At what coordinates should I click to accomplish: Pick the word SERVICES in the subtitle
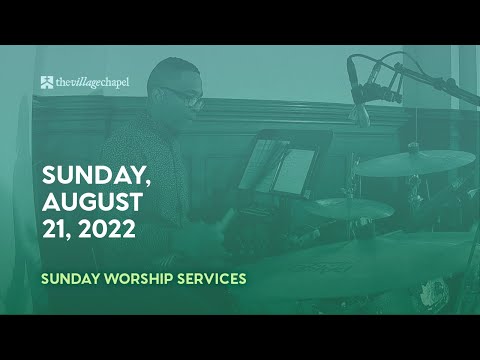(x=207, y=277)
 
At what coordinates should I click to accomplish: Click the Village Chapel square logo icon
(x=47, y=81)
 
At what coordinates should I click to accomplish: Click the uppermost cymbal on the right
(x=413, y=163)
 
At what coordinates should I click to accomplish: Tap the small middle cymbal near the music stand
(x=350, y=208)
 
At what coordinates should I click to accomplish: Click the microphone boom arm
(x=430, y=82)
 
